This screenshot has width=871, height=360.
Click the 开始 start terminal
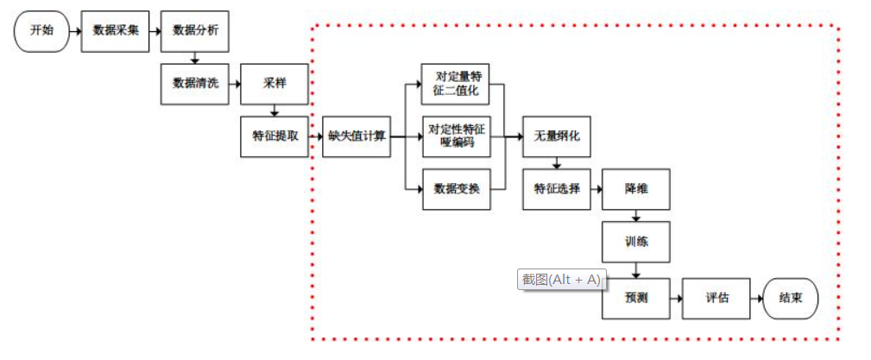(x=41, y=30)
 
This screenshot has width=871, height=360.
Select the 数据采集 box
(x=116, y=30)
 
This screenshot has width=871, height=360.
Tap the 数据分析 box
(x=195, y=30)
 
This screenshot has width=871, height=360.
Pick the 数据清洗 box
(x=195, y=84)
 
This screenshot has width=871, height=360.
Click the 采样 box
(x=275, y=84)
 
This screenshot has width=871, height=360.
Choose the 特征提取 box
(x=275, y=136)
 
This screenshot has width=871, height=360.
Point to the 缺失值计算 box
(x=356, y=136)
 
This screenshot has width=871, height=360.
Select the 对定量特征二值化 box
(x=456, y=84)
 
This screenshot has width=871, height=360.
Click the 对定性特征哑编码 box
(x=456, y=136)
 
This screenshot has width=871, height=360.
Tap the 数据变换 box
(x=456, y=189)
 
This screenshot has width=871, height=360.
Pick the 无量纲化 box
(x=557, y=136)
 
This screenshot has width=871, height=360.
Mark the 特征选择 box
(x=557, y=189)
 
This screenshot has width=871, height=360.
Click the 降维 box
(x=636, y=189)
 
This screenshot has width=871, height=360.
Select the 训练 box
(x=636, y=243)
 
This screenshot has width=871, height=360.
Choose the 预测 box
(x=636, y=298)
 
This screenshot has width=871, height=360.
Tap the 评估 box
(x=716, y=298)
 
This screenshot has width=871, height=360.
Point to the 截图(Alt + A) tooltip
(x=560, y=280)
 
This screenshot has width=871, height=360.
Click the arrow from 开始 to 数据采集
(x=75, y=30)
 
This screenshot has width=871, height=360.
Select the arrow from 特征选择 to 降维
(x=596, y=189)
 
